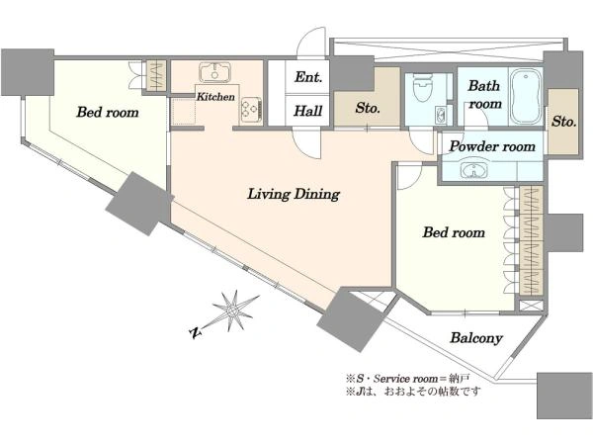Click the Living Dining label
click(294, 194)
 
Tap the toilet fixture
click(422, 87)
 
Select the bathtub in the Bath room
click(526, 97)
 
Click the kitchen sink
click(214, 72)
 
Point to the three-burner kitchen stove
click(250, 110)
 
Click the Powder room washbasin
click(475, 170)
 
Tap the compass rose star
click(232, 311)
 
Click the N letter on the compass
click(195, 332)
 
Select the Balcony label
click(476, 338)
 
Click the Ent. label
click(308, 77)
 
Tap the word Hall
click(308, 111)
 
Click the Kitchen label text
click(215, 97)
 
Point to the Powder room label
click(492, 146)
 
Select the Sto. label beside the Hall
click(368, 108)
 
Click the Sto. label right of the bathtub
click(564, 122)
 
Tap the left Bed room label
click(108, 112)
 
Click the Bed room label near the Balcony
click(454, 232)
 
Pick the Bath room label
click(484, 95)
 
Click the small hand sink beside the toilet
click(440, 115)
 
